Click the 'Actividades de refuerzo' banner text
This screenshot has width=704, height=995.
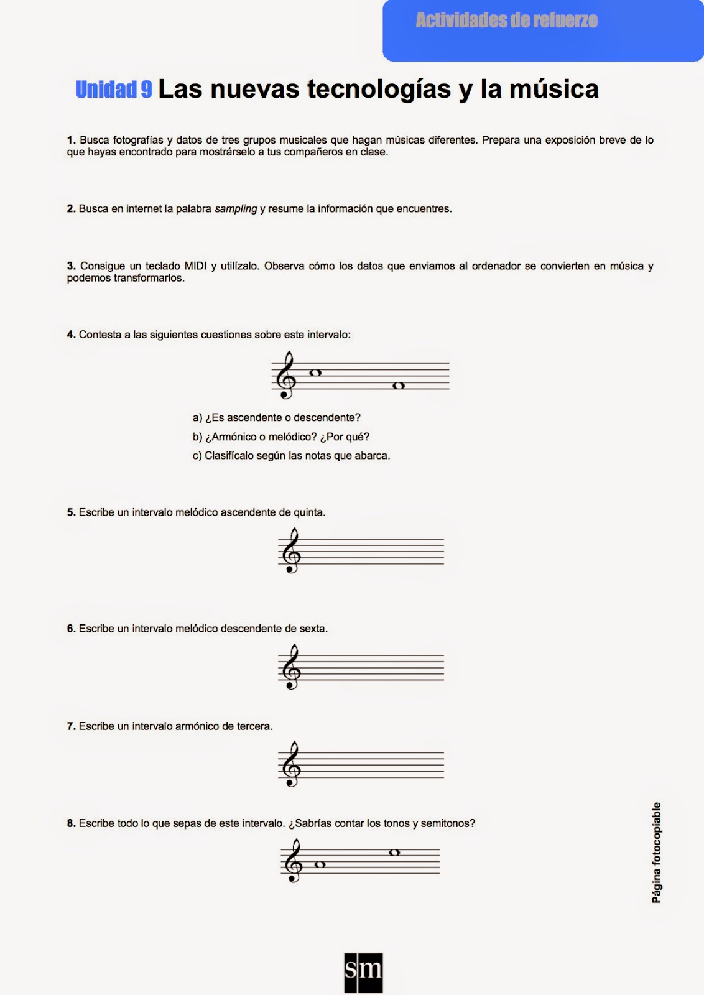506,21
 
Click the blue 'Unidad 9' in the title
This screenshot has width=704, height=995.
114,90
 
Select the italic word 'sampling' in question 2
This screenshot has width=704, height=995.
236,209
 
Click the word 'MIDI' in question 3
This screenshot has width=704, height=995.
195,266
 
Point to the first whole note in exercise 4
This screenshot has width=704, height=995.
315,373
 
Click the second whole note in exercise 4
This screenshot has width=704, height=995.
399,386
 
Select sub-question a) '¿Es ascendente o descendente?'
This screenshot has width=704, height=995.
277,418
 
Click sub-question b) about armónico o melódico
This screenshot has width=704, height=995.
281,437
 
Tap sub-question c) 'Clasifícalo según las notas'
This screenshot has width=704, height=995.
291,456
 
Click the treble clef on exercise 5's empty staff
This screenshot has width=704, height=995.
290,551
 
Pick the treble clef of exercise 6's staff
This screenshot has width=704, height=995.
290,667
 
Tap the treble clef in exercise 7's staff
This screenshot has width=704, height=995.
290,764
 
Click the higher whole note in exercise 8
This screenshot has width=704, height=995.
394,853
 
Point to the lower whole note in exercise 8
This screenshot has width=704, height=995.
320,864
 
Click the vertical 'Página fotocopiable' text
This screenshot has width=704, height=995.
657,852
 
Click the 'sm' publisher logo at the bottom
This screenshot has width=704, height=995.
363,972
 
